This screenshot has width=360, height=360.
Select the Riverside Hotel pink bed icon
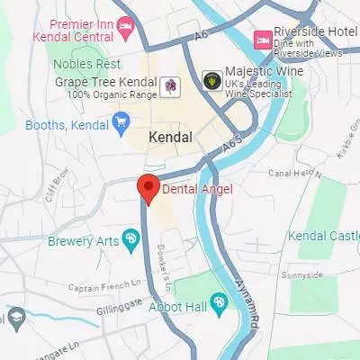(263, 39)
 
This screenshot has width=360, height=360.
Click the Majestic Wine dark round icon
(211, 79)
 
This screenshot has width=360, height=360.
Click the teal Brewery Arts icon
(130, 238)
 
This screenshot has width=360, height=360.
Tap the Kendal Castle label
(323, 236)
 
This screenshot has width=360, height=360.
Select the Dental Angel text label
(196, 189)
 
